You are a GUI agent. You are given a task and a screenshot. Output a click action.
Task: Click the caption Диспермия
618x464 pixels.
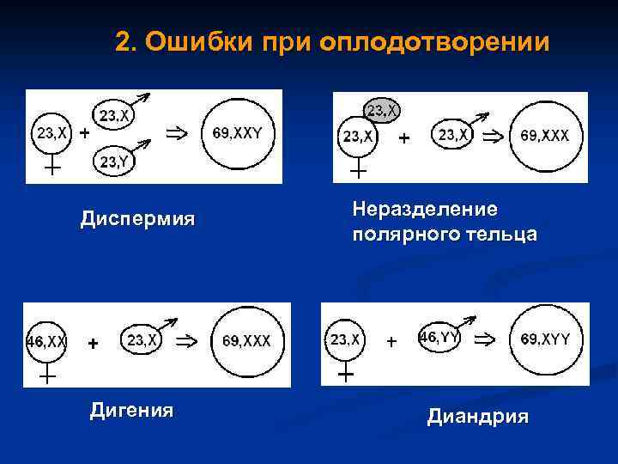(x=137, y=220)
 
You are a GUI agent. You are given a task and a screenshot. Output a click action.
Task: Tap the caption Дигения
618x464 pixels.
(x=131, y=412)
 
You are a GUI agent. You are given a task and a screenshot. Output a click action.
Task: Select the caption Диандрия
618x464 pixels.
(x=478, y=418)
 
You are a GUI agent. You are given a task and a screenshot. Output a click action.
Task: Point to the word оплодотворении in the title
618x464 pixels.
(x=433, y=42)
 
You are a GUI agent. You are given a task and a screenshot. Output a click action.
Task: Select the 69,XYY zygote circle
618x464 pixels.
(x=545, y=340)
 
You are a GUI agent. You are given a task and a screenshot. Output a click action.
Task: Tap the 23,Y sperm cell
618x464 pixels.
(x=114, y=161)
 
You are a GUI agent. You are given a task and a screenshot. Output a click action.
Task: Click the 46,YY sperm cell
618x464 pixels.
(x=439, y=338)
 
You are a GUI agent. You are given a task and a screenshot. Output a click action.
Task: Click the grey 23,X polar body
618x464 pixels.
(x=382, y=110)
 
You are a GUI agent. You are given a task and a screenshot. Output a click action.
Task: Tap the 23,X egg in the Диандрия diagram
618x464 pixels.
(x=345, y=340)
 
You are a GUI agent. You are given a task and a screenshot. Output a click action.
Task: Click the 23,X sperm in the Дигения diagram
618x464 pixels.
(x=142, y=340)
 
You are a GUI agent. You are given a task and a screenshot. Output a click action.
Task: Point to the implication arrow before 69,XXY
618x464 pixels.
(x=176, y=133)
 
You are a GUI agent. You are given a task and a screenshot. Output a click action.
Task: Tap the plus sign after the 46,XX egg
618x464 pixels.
(x=93, y=343)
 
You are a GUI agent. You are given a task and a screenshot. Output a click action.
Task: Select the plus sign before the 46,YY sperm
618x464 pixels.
(x=391, y=341)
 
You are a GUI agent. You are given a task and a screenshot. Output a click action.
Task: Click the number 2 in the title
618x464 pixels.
(x=123, y=42)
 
